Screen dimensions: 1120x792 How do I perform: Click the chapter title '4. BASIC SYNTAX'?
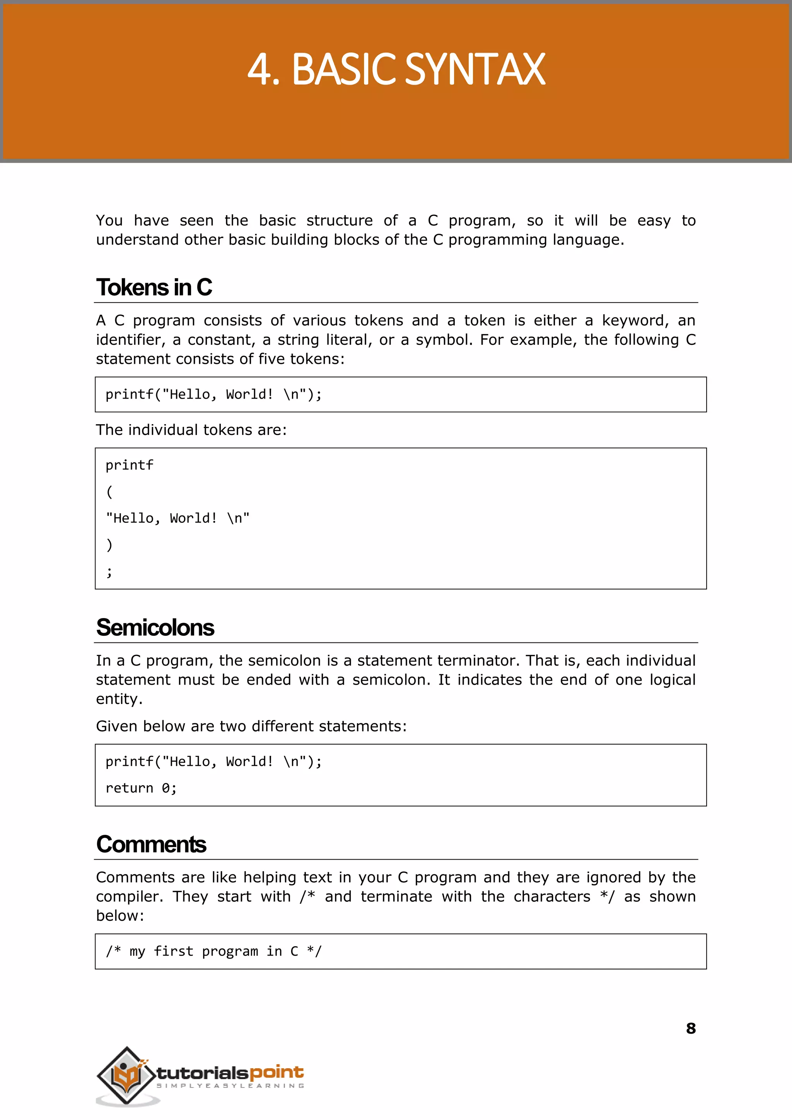(396, 70)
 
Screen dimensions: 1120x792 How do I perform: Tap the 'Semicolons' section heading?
(155, 628)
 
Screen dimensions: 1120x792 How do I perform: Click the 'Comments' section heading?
(151, 844)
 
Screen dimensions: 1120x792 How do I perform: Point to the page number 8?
(691, 1028)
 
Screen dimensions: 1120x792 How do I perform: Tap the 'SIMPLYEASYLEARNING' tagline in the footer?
(230, 1086)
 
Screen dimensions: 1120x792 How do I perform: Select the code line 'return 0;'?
(141, 788)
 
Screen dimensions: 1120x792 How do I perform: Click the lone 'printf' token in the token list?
(129, 465)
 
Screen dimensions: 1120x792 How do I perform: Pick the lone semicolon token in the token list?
(109, 572)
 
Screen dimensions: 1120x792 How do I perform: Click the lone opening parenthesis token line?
(109, 492)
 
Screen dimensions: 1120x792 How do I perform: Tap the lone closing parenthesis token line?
(109, 545)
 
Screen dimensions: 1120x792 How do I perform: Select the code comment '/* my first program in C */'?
(213, 951)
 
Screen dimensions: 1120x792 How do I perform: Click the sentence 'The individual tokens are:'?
(191, 430)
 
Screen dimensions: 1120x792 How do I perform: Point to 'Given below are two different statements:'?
(251, 726)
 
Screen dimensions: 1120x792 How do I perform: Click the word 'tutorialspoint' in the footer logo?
(230, 1073)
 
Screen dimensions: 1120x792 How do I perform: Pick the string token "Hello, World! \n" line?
(178, 518)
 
